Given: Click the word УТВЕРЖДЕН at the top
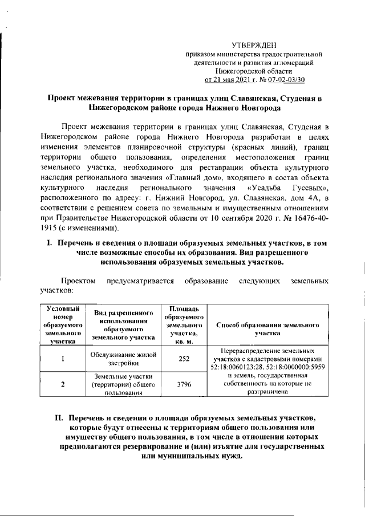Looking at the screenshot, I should click(254, 44).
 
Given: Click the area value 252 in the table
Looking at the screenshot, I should click(184, 359).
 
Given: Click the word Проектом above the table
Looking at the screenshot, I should click(79, 281).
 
